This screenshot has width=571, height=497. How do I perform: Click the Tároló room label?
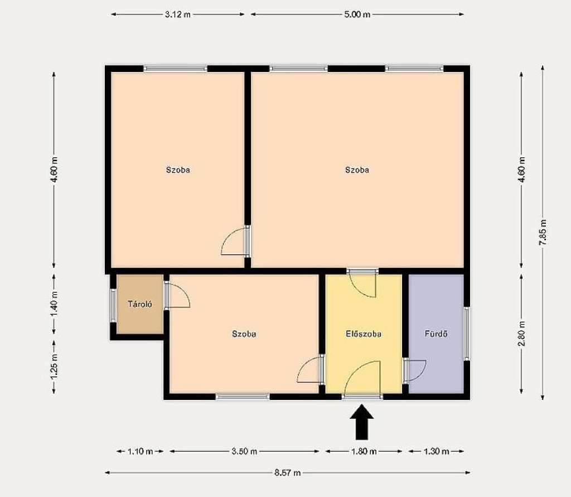click(140, 304)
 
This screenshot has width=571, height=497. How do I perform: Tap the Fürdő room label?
click(436, 334)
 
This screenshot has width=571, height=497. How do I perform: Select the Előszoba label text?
click(364, 334)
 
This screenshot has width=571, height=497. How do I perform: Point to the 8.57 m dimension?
click(287, 472)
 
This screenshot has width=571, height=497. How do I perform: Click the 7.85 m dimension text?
click(543, 233)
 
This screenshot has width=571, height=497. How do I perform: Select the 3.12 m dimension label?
click(178, 14)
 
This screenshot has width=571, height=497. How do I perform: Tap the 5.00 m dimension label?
click(357, 14)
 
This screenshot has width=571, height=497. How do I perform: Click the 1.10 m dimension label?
click(140, 451)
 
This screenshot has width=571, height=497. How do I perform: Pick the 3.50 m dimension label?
click(244, 451)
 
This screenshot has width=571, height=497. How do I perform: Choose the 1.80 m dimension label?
click(364, 451)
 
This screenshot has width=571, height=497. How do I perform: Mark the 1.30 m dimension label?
click(436, 451)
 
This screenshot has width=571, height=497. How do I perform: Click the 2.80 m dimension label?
click(521, 334)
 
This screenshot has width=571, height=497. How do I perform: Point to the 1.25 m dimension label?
click(54, 366)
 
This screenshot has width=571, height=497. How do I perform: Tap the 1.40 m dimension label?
click(54, 304)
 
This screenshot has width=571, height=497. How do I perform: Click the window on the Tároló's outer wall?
click(113, 305)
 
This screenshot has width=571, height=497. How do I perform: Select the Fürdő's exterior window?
click(467, 334)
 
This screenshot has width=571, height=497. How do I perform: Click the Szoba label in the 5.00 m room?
click(357, 170)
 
